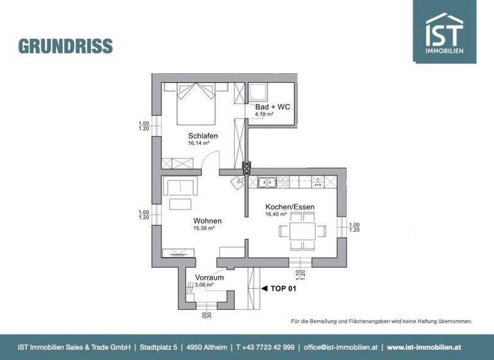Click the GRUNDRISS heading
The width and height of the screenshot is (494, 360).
coord(66,46)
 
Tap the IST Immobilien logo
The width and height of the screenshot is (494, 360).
coord(444,32)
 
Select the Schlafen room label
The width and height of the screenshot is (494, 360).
coord(203,136)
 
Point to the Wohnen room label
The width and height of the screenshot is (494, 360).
coord(207,221)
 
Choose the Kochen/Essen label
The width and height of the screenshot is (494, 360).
coord(289,207)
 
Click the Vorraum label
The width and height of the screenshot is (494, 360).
coord(210,278)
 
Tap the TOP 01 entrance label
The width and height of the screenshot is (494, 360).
coord(283,289)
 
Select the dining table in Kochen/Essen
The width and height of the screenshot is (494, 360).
coord(303,230)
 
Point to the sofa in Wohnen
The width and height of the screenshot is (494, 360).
coord(179,188)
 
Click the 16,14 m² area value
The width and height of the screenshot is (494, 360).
coord(199,143)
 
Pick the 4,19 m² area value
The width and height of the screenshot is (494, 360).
coord(264,114)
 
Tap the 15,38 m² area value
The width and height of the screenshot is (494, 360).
coord(204,228)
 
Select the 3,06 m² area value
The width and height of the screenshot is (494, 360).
coord(205,285)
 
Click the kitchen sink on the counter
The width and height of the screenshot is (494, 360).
coord(268,183)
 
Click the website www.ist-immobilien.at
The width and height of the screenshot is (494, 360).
coord(425,346)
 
